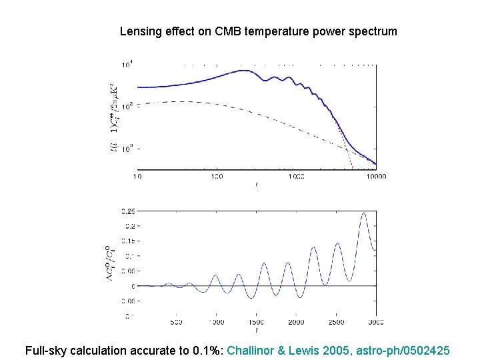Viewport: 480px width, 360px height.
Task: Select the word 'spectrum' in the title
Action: (373, 31)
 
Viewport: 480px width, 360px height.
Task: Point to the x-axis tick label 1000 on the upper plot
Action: (296, 177)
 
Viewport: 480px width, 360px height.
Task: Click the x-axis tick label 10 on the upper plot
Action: (138, 177)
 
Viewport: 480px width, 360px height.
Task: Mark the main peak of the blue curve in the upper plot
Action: (239, 71)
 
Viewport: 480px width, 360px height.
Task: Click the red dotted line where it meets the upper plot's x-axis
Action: (351, 169)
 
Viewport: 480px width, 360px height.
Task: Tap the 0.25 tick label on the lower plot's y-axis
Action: (127, 211)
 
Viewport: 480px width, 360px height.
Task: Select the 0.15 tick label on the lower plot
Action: (127, 241)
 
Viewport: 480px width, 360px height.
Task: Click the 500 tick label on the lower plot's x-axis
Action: (176, 323)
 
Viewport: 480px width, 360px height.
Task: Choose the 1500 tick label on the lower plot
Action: (256, 323)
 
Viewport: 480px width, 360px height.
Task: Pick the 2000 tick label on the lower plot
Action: (296, 323)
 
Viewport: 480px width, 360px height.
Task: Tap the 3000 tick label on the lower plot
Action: (375, 323)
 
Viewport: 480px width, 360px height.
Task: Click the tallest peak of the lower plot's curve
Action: (363, 213)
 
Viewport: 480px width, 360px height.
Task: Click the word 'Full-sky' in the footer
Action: (47, 350)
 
